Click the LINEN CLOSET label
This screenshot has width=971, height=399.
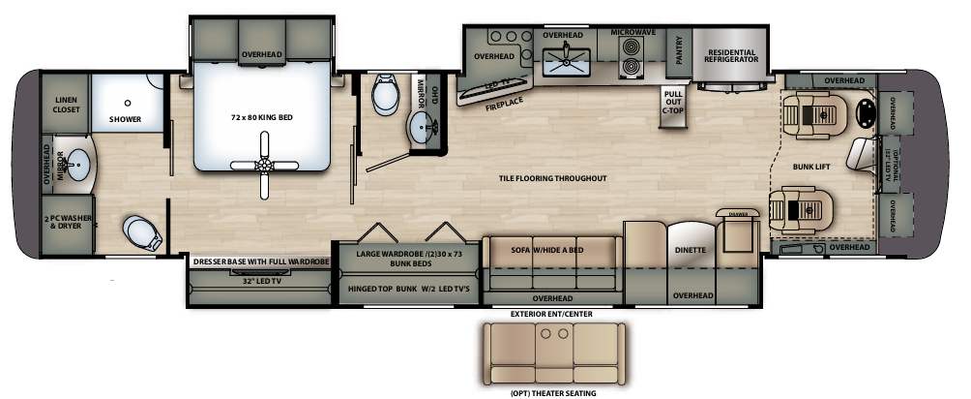click(x=66, y=105)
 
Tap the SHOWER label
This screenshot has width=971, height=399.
click(x=125, y=119)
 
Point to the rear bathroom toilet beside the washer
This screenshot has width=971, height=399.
click(x=140, y=232)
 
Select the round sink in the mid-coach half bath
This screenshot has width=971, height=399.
click(x=422, y=126)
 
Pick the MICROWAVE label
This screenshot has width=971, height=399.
click(x=633, y=32)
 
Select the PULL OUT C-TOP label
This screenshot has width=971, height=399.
click(x=673, y=102)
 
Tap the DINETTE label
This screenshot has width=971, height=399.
click(x=691, y=250)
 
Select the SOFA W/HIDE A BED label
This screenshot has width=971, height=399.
click(x=551, y=249)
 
